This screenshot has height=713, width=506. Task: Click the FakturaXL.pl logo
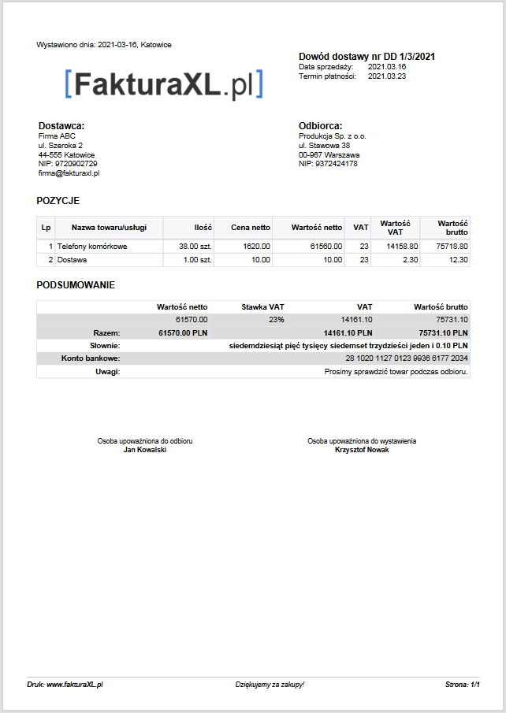[164, 84]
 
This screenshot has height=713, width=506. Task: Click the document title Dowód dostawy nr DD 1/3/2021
[367, 57]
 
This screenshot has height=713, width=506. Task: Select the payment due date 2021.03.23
[387, 76]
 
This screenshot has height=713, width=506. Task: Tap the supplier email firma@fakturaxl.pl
[69, 173]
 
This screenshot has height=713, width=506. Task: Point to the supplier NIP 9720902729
[68, 164]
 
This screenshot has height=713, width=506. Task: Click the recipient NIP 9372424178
[328, 164]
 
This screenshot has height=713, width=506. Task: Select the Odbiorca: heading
[320, 126]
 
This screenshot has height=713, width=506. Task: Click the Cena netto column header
[251, 228]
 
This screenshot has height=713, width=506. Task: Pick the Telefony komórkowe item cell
[92, 247]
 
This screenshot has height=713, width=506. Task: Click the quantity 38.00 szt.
[195, 247]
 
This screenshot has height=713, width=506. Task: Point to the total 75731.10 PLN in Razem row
[443, 332]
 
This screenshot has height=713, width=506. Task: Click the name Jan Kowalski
[145, 450]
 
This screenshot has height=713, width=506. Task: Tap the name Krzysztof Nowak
[362, 450]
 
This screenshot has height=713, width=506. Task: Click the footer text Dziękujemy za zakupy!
[270, 685]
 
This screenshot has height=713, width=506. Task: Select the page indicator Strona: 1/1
[463, 685]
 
